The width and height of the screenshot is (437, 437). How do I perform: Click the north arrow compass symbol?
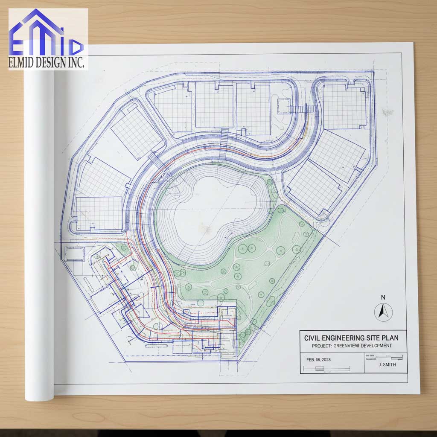tap(383, 312)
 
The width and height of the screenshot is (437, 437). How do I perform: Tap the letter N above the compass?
tap(383, 297)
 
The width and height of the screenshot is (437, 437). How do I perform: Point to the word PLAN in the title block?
tap(390, 338)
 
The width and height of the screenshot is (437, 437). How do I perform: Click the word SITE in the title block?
tap(373, 338)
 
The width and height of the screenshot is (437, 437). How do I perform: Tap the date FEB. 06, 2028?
tap(318, 359)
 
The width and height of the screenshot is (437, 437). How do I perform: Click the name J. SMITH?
tap(387, 365)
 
